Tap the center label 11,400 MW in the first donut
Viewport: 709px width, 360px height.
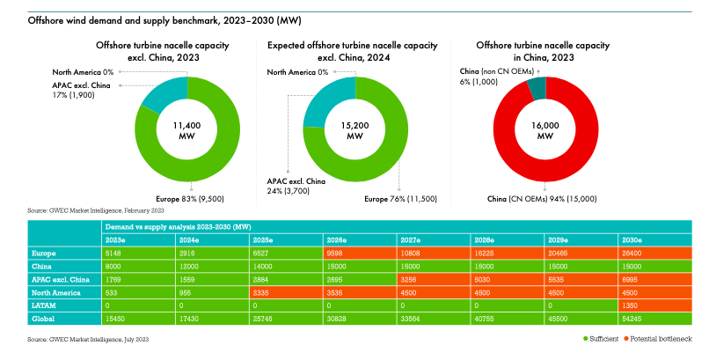[187, 130]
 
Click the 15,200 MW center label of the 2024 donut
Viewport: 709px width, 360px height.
[354, 130]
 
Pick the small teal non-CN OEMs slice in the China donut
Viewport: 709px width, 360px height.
[537, 87]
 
